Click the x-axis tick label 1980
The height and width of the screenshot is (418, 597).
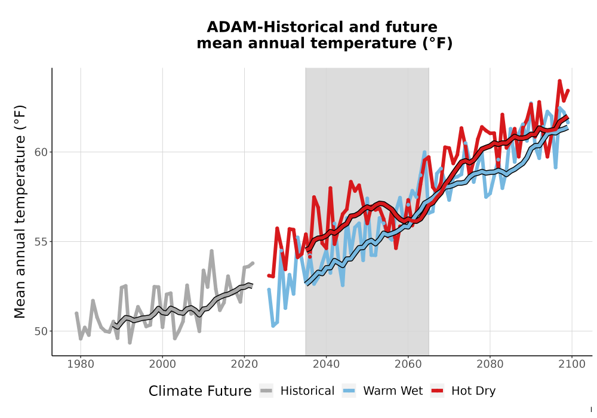(81, 364)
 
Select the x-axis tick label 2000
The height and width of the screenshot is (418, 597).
(162, 364)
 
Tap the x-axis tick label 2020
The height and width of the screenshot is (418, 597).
(244, 364)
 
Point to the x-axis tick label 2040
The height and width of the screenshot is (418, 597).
(327, 364)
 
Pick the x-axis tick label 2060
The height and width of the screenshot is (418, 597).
(408, 364)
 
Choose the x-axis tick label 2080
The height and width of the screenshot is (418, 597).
(490, 364)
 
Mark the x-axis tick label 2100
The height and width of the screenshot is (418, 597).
(572, 364)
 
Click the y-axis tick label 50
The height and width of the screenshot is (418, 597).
(41, 331)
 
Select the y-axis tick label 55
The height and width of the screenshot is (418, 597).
(41, 242)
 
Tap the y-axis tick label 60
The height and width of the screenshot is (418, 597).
(41, 152)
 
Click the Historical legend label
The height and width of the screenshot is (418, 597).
(307, 391)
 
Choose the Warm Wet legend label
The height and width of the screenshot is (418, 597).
(393, 391)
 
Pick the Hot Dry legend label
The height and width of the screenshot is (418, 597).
(473, 391)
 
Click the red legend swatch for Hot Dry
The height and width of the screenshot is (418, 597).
(438, 391)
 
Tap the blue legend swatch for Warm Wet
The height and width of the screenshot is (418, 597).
(349, 391)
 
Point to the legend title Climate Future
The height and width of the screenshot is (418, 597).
(200, 391)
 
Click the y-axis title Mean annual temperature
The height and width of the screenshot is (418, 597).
(20, 211)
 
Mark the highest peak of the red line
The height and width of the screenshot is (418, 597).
(560, 81)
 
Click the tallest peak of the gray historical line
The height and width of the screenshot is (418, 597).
(212, 250)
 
